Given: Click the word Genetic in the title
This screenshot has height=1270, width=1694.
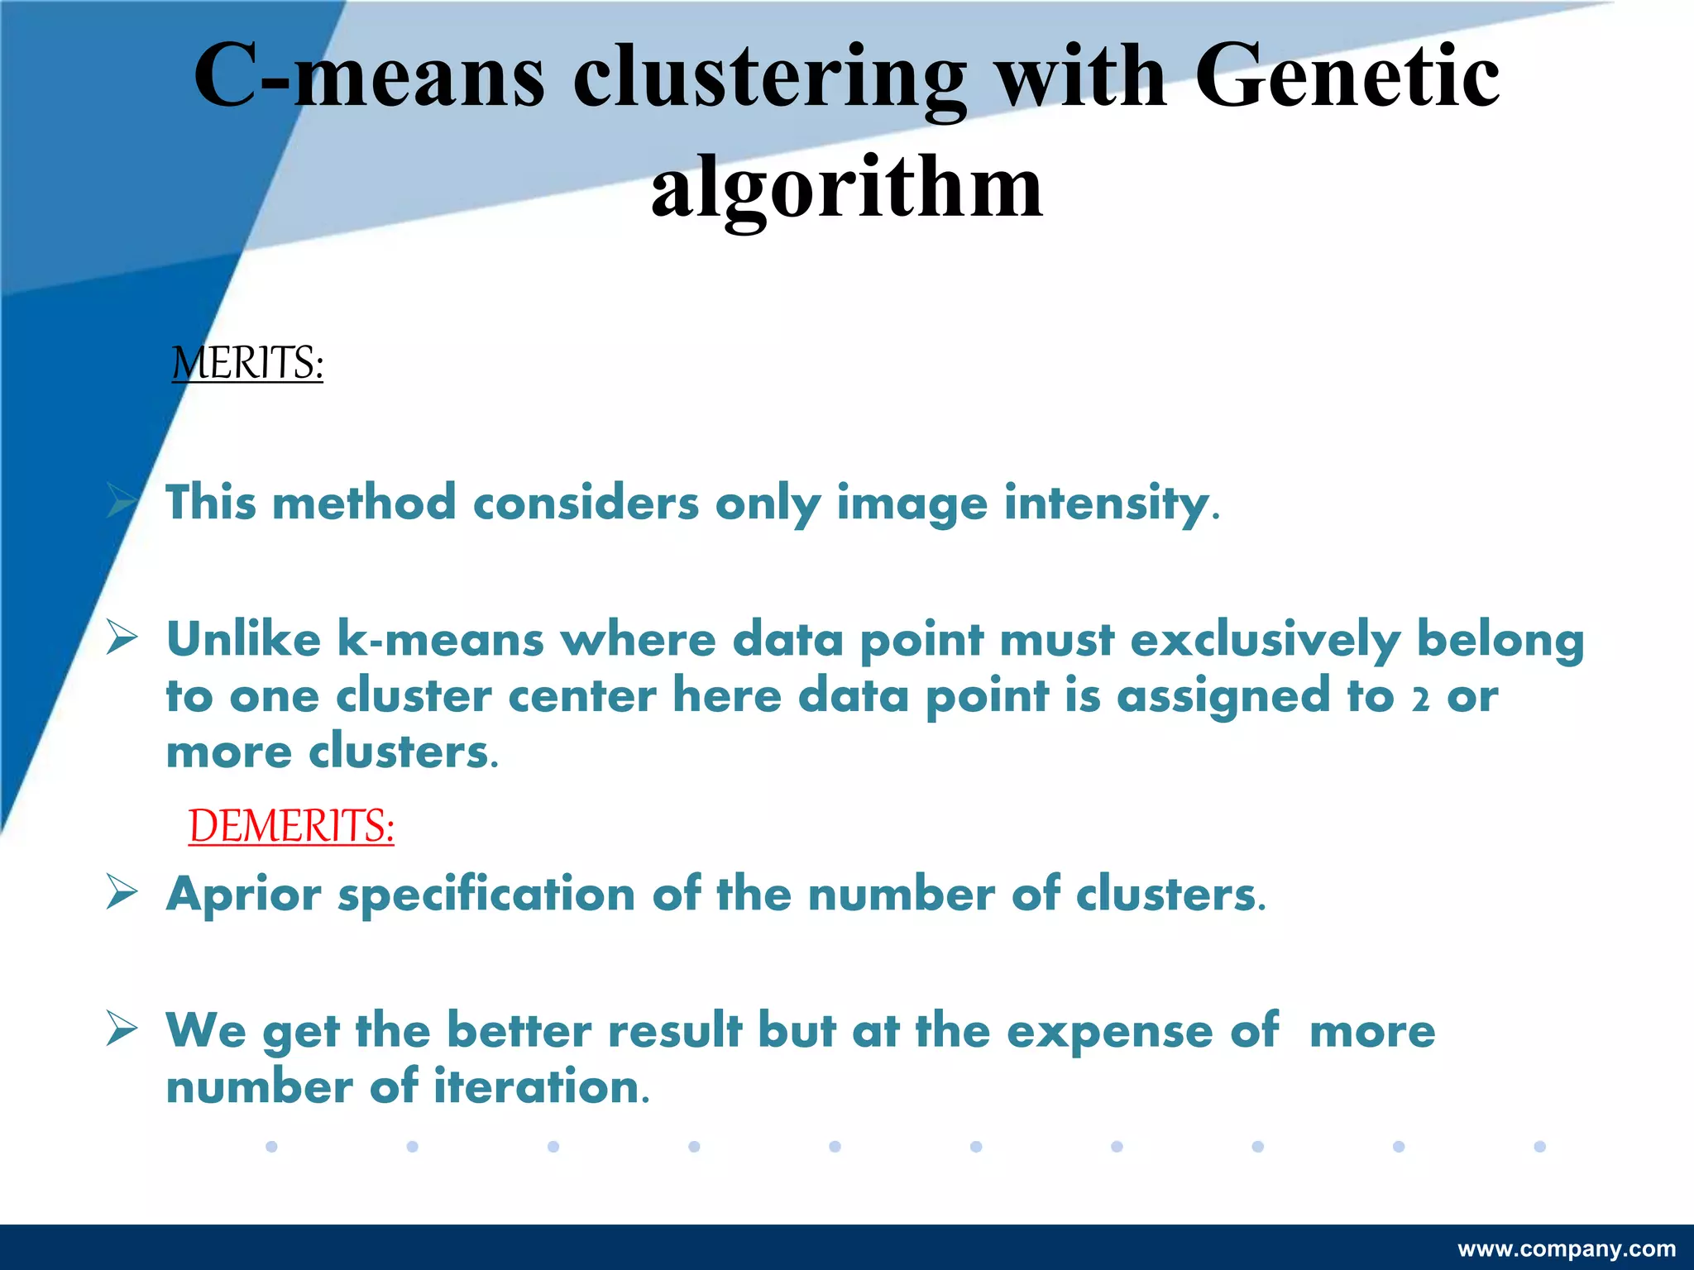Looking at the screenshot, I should (1346, 76).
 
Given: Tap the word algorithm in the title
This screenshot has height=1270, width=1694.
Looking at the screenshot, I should (847, 189).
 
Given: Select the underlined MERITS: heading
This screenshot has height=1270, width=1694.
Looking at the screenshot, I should (247, 363).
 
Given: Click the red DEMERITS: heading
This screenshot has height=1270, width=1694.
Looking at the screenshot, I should (291, 825).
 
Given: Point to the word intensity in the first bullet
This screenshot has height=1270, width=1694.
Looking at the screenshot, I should (1107, 503).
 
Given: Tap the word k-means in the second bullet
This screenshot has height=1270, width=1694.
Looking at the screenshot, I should (440, 641).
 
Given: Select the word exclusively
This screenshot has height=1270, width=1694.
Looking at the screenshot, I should (1265, 641).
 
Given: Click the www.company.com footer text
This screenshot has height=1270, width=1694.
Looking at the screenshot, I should (1567, 1249).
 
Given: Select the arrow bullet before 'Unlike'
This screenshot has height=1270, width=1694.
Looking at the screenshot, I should (122, 638).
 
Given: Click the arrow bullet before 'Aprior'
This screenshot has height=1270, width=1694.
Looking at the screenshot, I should (122, 893).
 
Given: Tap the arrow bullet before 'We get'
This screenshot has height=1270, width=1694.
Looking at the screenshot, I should (122, 1029).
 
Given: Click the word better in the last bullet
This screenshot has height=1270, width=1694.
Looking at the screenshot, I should (519, 1030).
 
